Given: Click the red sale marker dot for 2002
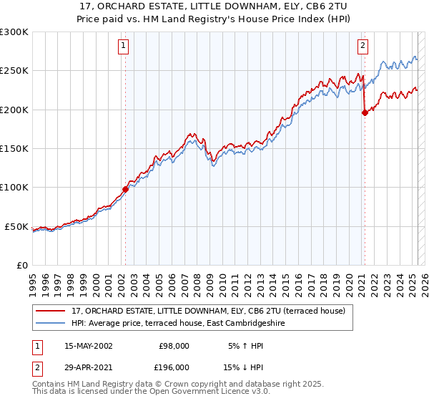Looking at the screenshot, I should coord(125,189).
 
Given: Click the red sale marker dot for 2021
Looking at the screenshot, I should coord(365,112).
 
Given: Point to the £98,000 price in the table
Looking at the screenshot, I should coord(174,345).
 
